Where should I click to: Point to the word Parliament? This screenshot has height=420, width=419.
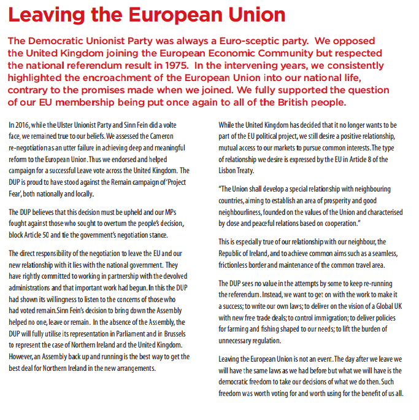pos(121,333)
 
